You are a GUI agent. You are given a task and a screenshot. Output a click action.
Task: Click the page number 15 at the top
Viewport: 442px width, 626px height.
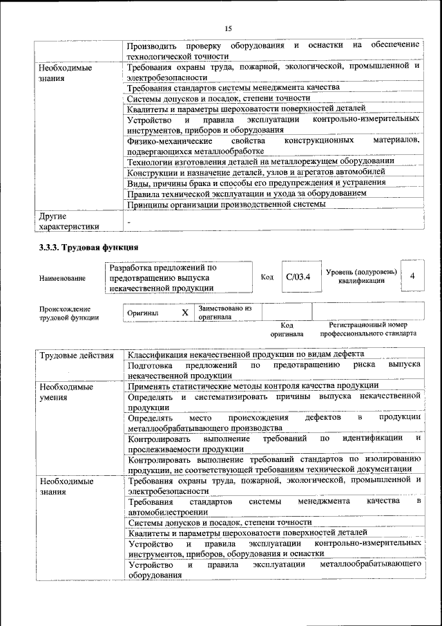[x=227, y=28]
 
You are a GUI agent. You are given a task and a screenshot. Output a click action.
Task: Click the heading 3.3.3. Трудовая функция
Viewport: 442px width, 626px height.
[x=89, y=247]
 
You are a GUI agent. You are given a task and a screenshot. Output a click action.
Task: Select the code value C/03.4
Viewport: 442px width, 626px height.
[x=298, y=277]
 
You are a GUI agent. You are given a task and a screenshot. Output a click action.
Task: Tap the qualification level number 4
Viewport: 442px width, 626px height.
[x=412, y=276]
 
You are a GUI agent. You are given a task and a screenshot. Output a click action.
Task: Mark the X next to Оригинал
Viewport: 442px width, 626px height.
[x=184, y=313]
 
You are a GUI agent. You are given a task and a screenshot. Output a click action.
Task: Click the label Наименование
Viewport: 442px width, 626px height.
[x=63, y=278]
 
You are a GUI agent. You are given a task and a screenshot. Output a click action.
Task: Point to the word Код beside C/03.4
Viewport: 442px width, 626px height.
[x=267, y=277]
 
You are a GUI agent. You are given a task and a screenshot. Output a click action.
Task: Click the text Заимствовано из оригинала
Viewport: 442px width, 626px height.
[x=225, y=312]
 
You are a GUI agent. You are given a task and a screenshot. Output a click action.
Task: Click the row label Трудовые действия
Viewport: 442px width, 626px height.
[x=77, y=356]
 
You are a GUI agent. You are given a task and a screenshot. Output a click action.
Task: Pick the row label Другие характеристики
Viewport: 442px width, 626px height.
[x=69, y=221]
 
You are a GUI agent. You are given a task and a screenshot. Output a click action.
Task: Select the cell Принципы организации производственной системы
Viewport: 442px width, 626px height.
[x=226, y=204]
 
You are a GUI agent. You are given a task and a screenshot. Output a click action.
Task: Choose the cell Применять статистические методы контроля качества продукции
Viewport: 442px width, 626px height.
[x=253, y=385]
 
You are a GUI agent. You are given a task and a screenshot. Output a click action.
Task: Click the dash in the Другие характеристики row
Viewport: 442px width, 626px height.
[x=129, y=219]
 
